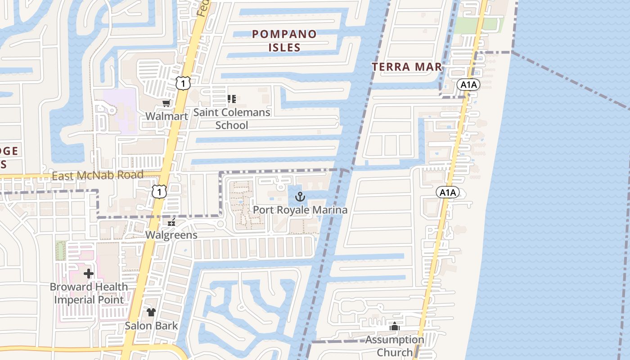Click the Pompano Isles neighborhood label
(x=284, y=40)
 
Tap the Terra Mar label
(x=406, y=67)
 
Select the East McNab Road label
(x=98, y=175)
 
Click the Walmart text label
(x=166, y=116)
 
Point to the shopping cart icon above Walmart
(x=166, y=103)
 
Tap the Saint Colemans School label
(x=232, y=118)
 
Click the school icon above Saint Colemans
(x=232, y=99)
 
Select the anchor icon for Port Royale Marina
(x=300, y=197)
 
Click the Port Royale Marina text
(x=300, y=210)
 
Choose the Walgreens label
(x=171, y=235)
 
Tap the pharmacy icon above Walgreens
(x=171, y=223)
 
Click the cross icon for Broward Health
(x=89, y=273)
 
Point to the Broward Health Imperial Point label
(x=89, y=293)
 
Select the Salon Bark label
(x=151, y=325)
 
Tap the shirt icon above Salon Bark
(x=151, y=312)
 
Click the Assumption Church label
(x=395, y=346)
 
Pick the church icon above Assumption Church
(x=395, y=327)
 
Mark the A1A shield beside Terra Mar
(x=468, y=84)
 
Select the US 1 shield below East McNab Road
(x=159, y=192)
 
